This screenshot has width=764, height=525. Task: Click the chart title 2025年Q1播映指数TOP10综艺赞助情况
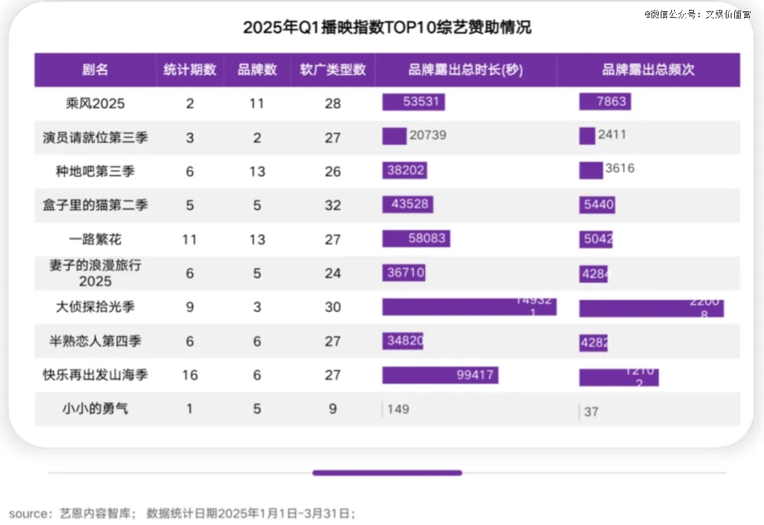pyautogui.click(x=387, y=28)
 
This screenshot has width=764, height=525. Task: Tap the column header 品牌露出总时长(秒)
pyautogui.click(x=465, y=70)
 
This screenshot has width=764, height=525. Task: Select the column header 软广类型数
pyautogui.click(x=332, y=70)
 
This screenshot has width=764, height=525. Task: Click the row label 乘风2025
pyautogui.click(x=95, y=103)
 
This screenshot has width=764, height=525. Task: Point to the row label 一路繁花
pyautogui.click(x=95, y=239)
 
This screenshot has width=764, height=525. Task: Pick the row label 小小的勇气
pyautogui.click(x=95, y=408)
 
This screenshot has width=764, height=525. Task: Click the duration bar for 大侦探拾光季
pyautogui.click(x=469, y=306)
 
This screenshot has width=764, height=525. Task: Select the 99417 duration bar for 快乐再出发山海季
pyautogui.click(x=440, y=375)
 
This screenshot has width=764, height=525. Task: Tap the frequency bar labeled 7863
pyautogui.click(x=605, y=102)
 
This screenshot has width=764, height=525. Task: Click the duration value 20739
pyautogui.click(x=427, y=135)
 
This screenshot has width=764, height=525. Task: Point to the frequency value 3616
pyautogui.click(x=620, y=168)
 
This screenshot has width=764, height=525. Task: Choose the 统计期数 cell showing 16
pyautogui.click(x=190, y=375)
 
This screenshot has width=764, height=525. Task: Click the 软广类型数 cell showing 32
pyautogui.click(x=332, y=205)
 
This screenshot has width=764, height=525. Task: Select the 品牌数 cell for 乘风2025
pyautogui.click(x=257, y=103)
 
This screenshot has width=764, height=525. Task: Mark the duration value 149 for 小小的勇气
pyautogui.click(x=398, y=409)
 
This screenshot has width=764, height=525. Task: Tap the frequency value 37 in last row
pyautogui.click(x=591, y=411)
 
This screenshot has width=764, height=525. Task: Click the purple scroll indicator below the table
pyautogui.click(x=387, y=473)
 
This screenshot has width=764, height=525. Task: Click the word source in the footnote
pyautogui.click(x=28, y=513)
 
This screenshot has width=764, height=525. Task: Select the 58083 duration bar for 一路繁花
pyautogui.click(x=416, y=238)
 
